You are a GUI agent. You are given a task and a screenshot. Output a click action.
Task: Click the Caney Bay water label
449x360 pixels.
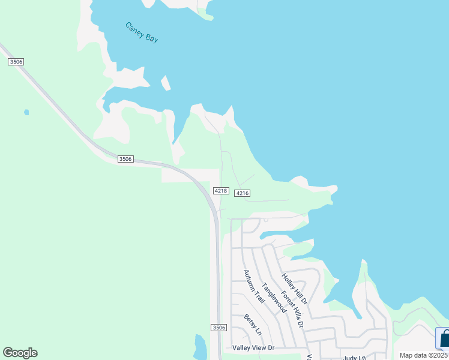(142, 32)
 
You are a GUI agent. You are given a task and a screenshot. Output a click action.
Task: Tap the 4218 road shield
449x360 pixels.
(220, 191)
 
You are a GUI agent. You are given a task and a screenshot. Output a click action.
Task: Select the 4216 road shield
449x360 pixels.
(242, 193)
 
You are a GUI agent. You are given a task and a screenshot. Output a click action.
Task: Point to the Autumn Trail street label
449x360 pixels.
(254, 286)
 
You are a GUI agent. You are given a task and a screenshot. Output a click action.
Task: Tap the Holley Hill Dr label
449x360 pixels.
(295, 288)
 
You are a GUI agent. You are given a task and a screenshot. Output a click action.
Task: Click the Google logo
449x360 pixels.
(20, 353)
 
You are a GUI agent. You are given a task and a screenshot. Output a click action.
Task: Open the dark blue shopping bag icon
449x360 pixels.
(444, 339)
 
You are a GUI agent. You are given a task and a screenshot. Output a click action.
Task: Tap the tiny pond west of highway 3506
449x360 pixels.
(26, 112)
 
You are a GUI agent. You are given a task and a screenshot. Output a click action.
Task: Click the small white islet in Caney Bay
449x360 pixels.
(165, 83)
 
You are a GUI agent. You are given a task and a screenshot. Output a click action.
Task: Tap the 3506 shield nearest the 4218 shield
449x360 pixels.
(125, 159)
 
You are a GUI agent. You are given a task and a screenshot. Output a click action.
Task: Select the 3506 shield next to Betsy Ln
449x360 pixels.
(218, 327)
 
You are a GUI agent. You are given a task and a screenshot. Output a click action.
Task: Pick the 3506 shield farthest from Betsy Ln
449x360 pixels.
(16, 62)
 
